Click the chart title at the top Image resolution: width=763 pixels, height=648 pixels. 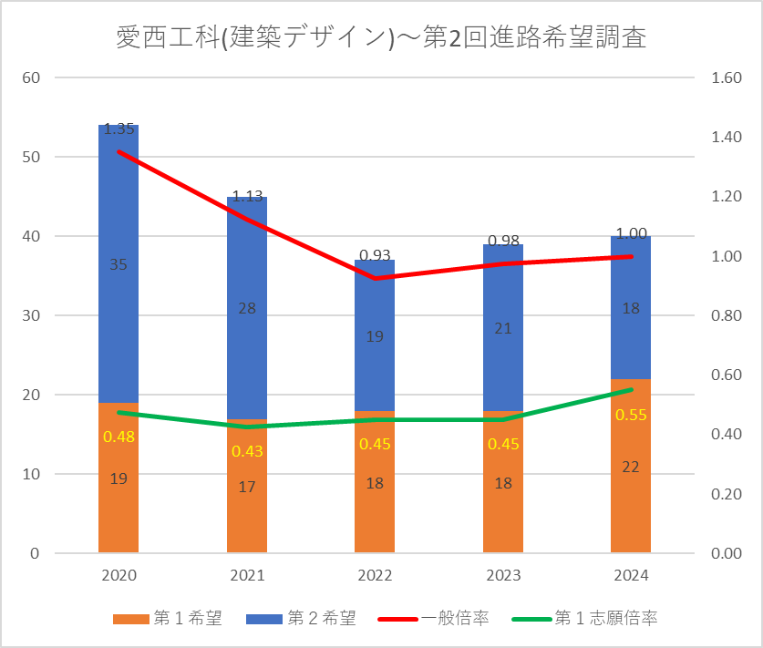tap(381, 37)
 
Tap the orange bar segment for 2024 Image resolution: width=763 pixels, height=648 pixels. tap(631, 501)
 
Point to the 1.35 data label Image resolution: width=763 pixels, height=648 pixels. tap(119, 129)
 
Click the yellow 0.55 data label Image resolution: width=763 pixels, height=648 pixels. tap(631, 415)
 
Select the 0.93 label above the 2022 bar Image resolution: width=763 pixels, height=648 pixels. tap(375, 254)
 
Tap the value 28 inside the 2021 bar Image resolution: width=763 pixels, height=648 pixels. tap(247, 308)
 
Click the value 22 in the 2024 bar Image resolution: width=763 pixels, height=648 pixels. tap(631, 467)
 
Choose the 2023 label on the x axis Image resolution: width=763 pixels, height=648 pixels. tap(503, 575)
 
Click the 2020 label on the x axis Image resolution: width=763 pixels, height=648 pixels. tap(119, 575)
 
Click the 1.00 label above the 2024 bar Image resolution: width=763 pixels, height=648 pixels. tap(631, 234)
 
